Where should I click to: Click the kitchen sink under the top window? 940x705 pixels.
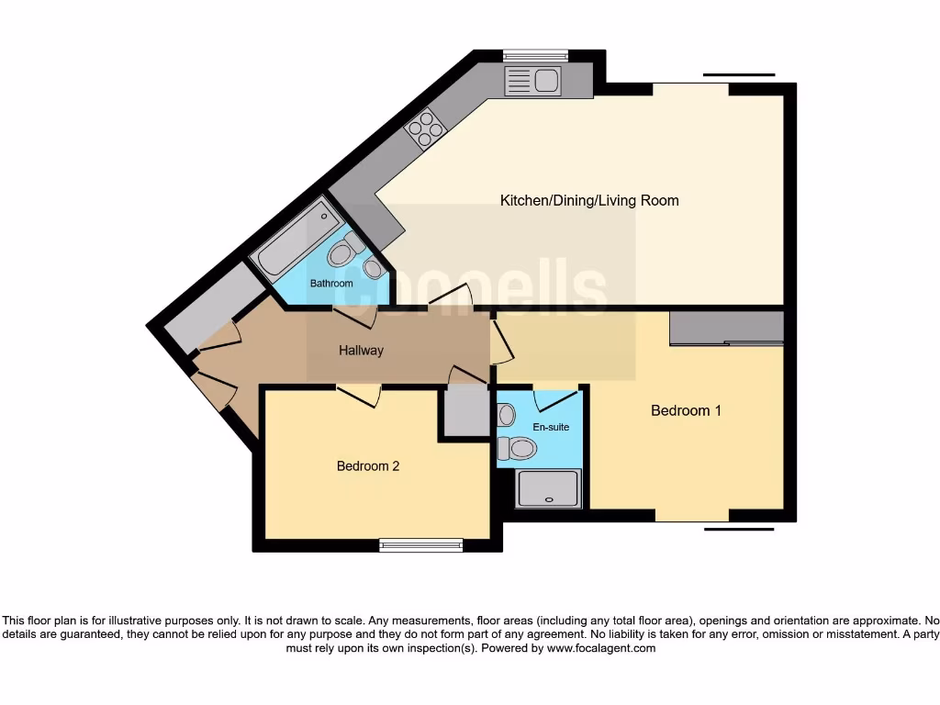(532, 82)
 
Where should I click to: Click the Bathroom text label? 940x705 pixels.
(331, 284)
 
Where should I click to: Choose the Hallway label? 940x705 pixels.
(361, 351)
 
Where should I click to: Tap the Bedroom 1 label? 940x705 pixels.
(686, 410)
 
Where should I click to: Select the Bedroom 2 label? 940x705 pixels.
(367, 466)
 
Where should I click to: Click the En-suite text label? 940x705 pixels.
(551, 427)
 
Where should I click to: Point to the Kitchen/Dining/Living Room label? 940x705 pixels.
(588, 200)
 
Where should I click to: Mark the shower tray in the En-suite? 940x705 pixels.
(548, 488)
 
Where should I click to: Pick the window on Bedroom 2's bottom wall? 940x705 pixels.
(421, 545)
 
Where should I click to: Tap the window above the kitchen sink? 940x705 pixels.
(535, 55)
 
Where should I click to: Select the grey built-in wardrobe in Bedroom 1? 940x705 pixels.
(726, 328)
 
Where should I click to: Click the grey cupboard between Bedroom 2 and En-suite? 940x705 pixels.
(466, 410)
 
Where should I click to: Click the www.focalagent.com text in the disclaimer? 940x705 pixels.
(601, 648)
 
